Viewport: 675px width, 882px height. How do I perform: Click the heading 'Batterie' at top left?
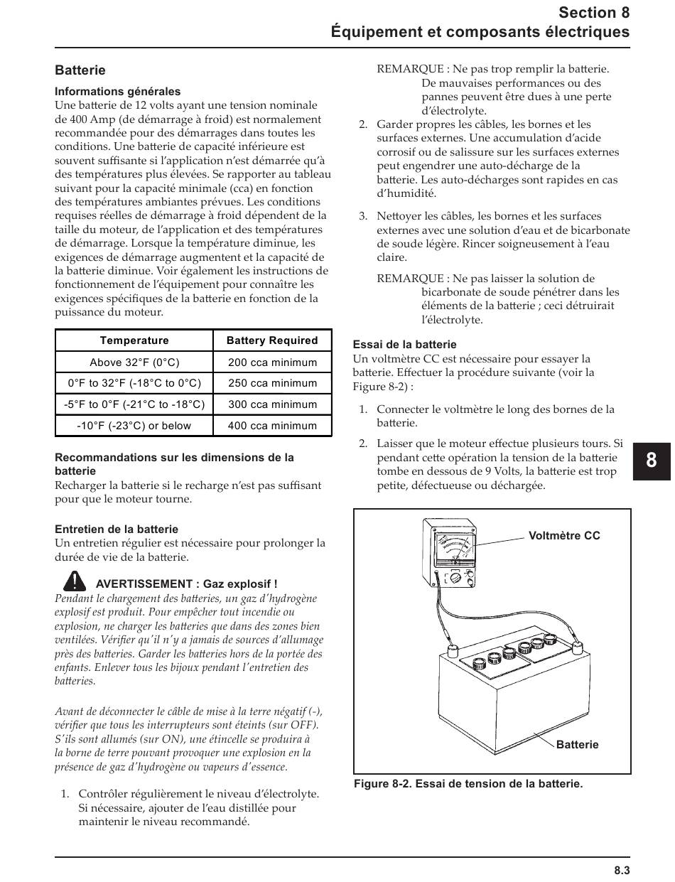pyautogui.click(x=80, y=70)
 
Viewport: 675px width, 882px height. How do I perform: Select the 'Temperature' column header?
pyautogui.click(x=134, y=340)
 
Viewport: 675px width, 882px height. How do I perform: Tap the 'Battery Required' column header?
pyautogui.click(x=272, y=340)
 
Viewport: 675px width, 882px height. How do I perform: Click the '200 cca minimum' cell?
pyautogui.click(x=272, y=362)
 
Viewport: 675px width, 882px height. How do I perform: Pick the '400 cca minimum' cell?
pyautogui.click(x=272, y=426)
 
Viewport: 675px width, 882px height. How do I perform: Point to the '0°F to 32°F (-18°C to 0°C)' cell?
pyautogui.click(x=134, y=383)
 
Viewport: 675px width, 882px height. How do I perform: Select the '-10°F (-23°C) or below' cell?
pyautogui.click(x=134, y=426)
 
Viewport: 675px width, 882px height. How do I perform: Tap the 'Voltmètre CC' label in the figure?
pyautogui.click(x=564, y=536)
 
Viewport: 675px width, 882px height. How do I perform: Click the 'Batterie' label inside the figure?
pyautogui.click(x=577, y=745)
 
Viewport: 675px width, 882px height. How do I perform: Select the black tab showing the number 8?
pyautogui.click(x=652, y=460)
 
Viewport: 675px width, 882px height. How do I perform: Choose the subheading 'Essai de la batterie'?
pyautogui.click(x=404, y=345)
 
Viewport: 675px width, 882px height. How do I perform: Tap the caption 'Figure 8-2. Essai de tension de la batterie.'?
pyautogui.click(x=468, y=784)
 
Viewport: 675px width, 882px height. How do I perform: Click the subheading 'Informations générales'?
pyautogui.click(x=118, y=92)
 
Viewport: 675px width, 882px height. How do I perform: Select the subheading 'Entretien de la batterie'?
pyautogui.click(x=117, y=529)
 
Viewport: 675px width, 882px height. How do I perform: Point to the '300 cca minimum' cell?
pyautogui.click(x=272, y=404)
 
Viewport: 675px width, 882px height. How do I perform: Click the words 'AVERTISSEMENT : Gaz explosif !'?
pyautogui.click(x=186, y=583)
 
